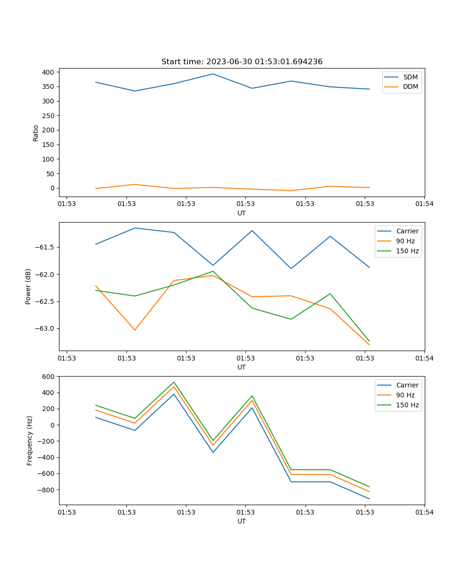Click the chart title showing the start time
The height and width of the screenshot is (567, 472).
tap(242, 62)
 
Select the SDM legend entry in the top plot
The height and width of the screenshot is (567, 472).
tap(410, 77)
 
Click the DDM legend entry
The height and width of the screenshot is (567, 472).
tap(410, 86)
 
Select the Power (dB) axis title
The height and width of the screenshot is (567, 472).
tap(28, 286)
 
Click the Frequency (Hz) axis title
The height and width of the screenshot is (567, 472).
tap(29, 440)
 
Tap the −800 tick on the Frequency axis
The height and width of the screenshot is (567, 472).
tap(46, 490)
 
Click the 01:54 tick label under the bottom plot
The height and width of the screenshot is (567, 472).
tap(424, 512)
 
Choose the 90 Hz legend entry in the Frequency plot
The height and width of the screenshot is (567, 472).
tap(405, 395)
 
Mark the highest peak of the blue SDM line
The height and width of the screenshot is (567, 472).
tap(213, 74)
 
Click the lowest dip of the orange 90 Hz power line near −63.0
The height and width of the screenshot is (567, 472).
tap(135, 330)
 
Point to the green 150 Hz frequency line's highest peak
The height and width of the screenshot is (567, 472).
tap(174, 382)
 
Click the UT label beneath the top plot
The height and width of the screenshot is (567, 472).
tap(242, 213)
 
